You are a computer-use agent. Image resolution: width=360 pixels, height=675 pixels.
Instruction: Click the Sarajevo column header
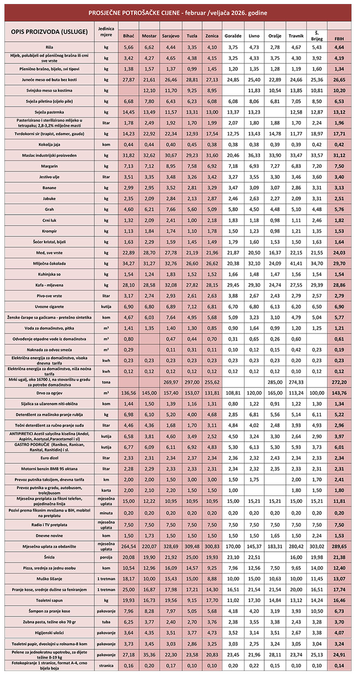pyautogui.click(x=171, y=36)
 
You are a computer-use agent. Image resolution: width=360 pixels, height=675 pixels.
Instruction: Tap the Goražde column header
pyautogui.click(x=233, y=36)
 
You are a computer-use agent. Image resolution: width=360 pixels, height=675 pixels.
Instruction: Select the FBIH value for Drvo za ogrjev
pyautogui.click(x=340, y=393)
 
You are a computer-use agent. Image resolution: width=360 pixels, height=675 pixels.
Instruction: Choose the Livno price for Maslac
pyautogui.click(x=254, y=155)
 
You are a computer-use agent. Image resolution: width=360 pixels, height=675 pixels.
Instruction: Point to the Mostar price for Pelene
pyautogui.click(x=149, y=653)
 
